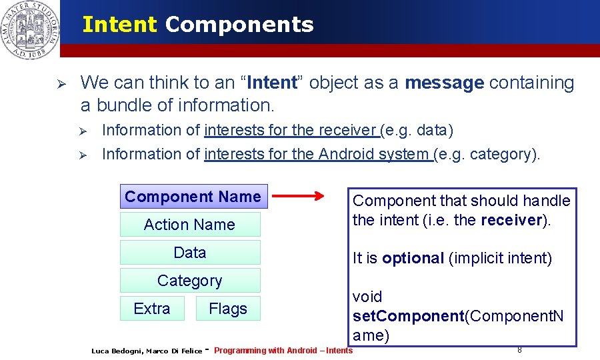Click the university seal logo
(30, 29)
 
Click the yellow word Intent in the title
(119, 25)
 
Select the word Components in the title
(239, 25)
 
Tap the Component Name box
(193, 197)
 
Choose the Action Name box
(190, 225)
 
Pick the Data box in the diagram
(190, 253)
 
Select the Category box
(190, 281)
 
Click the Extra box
(152, 309)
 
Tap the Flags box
(228, 309)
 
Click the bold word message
(444, 83)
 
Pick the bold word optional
(413, 258)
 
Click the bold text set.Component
(407, 316)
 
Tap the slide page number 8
(519, 349)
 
